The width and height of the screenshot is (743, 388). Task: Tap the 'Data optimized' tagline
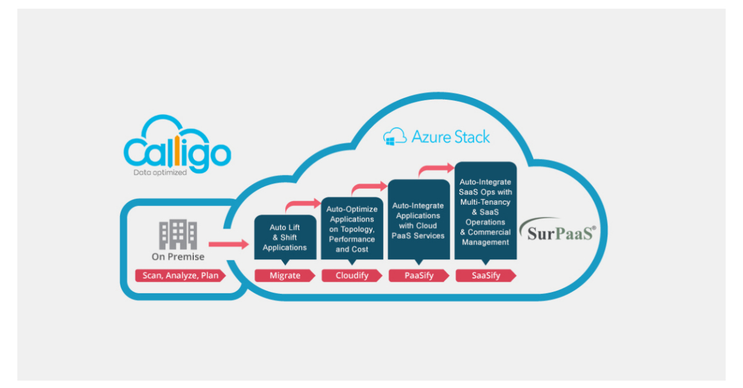(x=160, y=173)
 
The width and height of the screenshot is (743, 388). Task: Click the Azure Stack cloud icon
(x=394, y=137)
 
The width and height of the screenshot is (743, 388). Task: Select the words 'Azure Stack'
(x=450, y=137)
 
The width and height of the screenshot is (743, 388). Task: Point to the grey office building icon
(x=178, y=235)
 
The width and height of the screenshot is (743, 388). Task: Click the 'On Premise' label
(x=178, y=256)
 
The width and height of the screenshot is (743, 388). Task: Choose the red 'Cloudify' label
(x=352, y=275)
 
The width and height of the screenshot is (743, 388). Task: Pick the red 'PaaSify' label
(x=419, y=275)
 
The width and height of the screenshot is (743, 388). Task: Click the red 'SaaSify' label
(x=485, y=275)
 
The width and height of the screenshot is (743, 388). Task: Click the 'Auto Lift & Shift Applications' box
(x=285, y=238)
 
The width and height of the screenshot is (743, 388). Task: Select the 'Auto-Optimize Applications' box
(x=352, y=229)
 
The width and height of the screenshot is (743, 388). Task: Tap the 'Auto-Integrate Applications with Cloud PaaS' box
(x=418, y=220)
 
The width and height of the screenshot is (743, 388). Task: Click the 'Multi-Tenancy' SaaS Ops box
(x=485, y=212)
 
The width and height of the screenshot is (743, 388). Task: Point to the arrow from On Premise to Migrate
(x=228, y=245)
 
